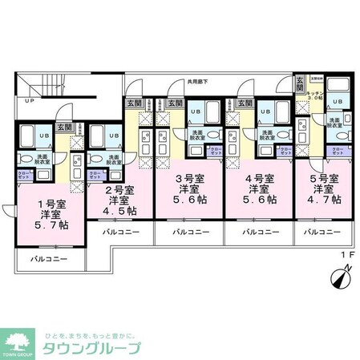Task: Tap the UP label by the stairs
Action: click(x=29, y=102)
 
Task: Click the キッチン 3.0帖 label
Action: click(x=315, y=96)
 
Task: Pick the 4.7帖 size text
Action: click(x=327, y=200)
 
